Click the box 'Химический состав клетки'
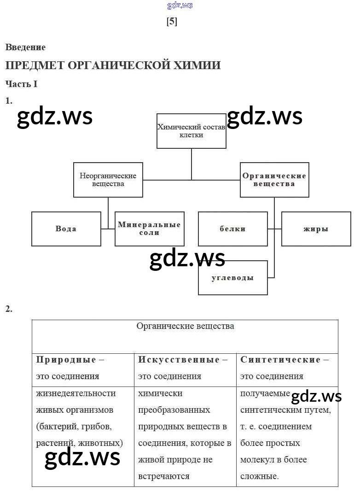191,131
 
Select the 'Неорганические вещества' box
108,180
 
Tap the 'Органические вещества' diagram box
274,180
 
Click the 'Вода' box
66,229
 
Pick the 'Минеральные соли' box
149,229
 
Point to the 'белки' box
232,229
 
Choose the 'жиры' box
316,229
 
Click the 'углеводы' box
232,278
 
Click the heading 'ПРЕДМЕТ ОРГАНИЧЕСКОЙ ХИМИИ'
113,65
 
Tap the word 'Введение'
25,47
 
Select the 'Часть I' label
21,84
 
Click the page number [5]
172,22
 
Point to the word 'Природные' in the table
66,360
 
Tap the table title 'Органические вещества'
185,326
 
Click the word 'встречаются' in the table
163,476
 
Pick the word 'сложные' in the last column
259,476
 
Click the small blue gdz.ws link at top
180,6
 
